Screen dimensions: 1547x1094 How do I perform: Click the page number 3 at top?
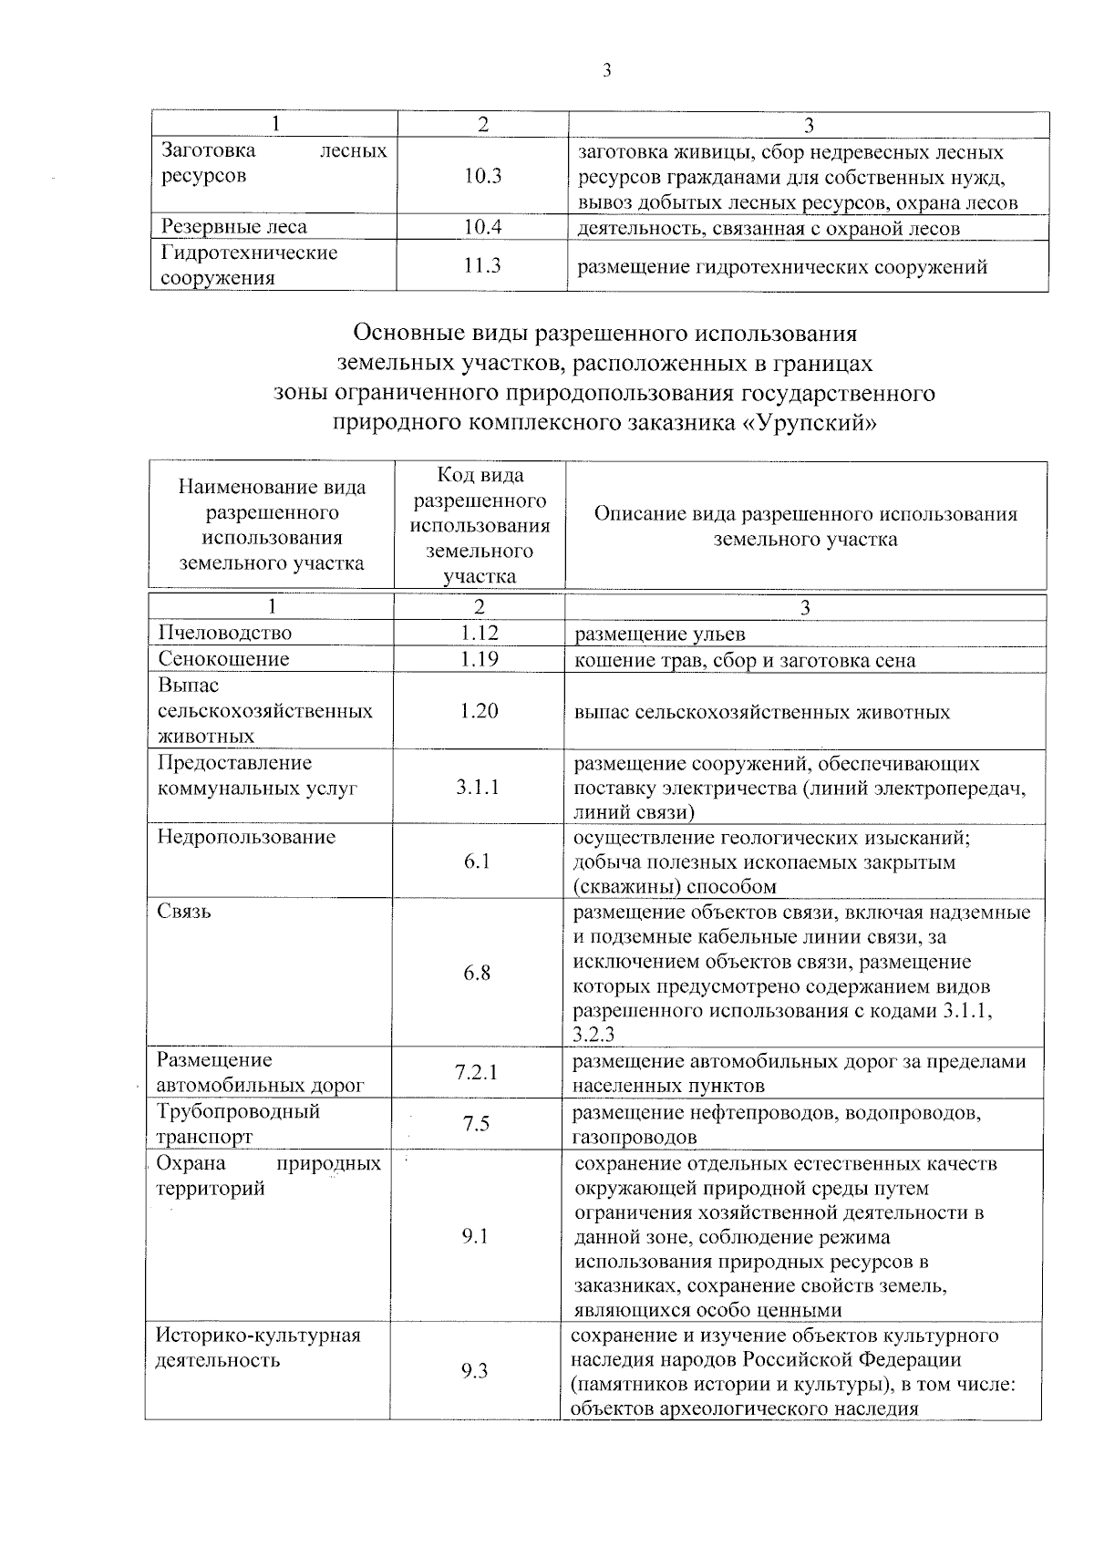(606, 71)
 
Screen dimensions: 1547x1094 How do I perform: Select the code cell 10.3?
(482, 177)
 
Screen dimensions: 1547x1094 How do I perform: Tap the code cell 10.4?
(482, 227)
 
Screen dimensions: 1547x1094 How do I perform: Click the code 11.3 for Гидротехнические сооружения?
(482, 265)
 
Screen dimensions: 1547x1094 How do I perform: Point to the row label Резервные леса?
(234, 227)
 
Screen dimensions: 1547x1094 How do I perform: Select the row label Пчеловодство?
(224, 633)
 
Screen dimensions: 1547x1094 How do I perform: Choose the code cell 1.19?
(479, 659)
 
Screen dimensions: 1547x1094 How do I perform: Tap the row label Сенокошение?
(223, 659)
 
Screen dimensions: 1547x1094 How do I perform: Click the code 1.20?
(479, 710)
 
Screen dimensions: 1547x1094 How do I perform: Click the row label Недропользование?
(246, 837)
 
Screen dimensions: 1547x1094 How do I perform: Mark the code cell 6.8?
(477, 974)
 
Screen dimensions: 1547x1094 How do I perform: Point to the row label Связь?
(184, 912)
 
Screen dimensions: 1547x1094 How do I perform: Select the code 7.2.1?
(477, 1072)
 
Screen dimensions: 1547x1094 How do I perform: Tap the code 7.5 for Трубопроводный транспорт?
(476, 1124)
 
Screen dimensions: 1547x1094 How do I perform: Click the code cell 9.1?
(476, 1236)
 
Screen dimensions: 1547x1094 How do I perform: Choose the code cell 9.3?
(475, 1371)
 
